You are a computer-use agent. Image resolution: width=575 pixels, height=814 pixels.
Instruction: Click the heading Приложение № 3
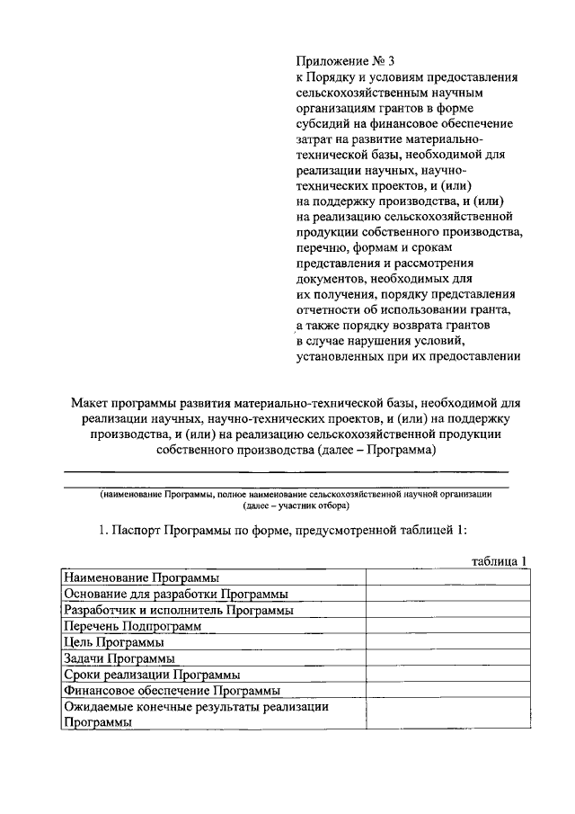345,62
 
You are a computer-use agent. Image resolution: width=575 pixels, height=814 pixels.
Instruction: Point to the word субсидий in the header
323,123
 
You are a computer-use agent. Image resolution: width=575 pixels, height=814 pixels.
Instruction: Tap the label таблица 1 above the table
499,560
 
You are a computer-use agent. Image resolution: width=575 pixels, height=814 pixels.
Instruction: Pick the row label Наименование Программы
142,577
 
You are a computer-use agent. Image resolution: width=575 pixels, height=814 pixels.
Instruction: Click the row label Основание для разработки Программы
175,594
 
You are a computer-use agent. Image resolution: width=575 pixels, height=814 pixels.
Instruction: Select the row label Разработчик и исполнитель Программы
178,610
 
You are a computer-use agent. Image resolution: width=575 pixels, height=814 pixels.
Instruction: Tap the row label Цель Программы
113,642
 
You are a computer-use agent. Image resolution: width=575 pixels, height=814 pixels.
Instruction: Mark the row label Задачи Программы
119,658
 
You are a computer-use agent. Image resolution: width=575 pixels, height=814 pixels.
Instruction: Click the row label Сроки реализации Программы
151,675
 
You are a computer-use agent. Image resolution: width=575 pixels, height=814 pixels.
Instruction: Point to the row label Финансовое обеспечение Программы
171,691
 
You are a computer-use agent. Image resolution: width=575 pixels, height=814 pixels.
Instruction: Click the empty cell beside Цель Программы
446,642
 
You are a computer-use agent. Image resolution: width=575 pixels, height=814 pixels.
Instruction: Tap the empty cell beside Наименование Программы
446,577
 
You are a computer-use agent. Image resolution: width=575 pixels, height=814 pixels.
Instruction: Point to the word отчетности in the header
331,310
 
